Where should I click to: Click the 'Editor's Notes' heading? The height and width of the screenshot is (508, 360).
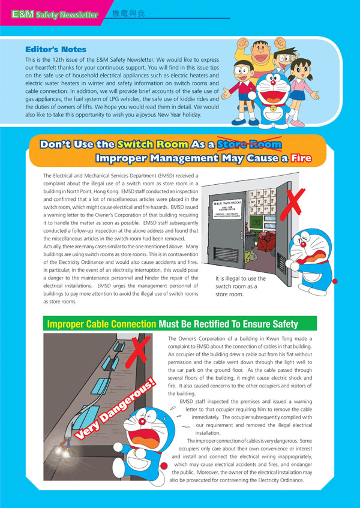pyautogui.click(x=56, y=49)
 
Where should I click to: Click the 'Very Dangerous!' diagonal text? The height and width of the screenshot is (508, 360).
pyautogui.click(x=114, y=414)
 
